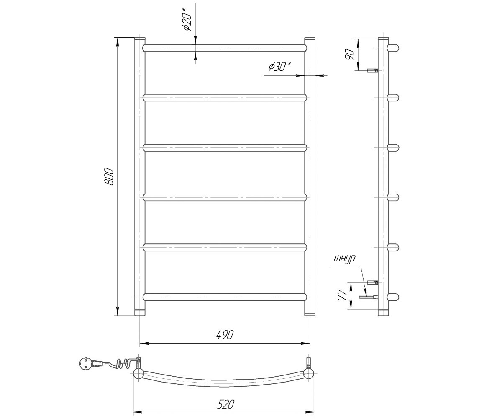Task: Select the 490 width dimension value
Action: click(225, 335)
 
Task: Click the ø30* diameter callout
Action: click(280, 67)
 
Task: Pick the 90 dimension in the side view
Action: click(350, 55)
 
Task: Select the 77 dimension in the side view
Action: click(342, 295)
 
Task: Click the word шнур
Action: click(344, 259)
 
